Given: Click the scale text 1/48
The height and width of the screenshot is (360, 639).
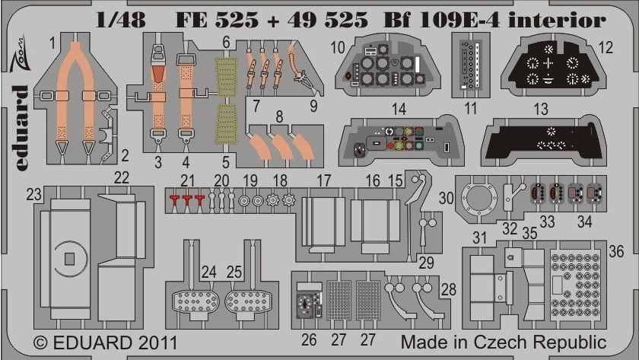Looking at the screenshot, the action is [x=121, y=20].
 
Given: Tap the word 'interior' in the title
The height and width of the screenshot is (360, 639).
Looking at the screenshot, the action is [x=557, y=20].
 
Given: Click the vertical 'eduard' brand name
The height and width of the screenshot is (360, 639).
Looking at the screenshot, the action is [x=20, y=128].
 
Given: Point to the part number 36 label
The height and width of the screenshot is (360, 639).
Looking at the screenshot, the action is [x=616, y=252].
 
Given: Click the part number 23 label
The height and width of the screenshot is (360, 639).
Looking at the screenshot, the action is [x=34, y=195].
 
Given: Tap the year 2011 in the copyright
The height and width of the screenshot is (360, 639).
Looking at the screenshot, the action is [x=157, y=343].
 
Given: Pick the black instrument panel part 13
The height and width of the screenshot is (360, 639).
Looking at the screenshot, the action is [x=541, y=142].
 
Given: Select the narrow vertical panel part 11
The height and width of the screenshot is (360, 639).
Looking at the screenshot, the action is [x=471, y=65].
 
